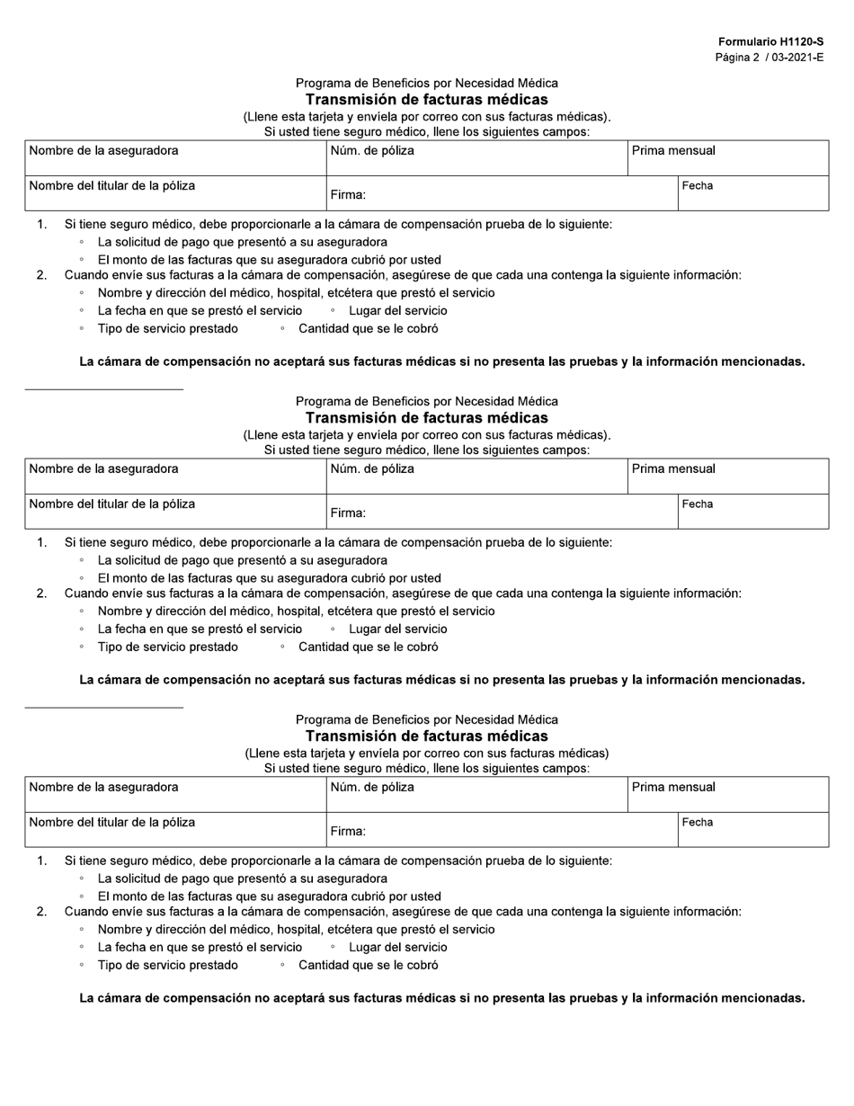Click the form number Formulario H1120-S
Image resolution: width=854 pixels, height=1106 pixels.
tap(770, 42)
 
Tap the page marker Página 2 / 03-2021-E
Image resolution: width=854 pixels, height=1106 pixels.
tap(769, 58)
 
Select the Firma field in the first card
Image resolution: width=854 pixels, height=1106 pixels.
tap(502, 193)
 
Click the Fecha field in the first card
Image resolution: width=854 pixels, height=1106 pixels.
tap(752, 193)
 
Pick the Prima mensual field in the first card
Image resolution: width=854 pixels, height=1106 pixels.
tap(727, 158)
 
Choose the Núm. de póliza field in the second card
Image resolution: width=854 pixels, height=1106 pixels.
tap(476, 477)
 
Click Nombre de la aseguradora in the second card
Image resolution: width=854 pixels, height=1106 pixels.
tap(175, 477)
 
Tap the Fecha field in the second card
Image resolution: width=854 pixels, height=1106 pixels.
tap(752, 512)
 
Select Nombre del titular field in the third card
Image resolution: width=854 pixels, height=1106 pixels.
tap(175, 830)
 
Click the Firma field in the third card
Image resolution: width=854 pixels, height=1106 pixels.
tap(502, 830)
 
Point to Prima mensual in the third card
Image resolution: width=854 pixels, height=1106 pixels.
tap(727, 795)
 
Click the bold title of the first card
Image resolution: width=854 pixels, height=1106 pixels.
tap(426, 100)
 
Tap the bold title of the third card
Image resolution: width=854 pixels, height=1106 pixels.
tap(426, 736)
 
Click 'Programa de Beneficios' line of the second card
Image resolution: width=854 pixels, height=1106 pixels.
tap(426, 401)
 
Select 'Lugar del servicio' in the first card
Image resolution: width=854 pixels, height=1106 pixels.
tap(397, 311)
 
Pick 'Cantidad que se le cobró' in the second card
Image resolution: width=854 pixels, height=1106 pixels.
tap(368, 647)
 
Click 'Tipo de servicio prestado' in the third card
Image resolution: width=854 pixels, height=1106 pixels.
tap(168, 966)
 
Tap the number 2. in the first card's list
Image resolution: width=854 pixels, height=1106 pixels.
tap(41, 276)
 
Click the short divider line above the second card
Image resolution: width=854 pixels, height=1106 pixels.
tap(103, 389)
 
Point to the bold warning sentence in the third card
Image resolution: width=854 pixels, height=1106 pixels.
tap(441, 998)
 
